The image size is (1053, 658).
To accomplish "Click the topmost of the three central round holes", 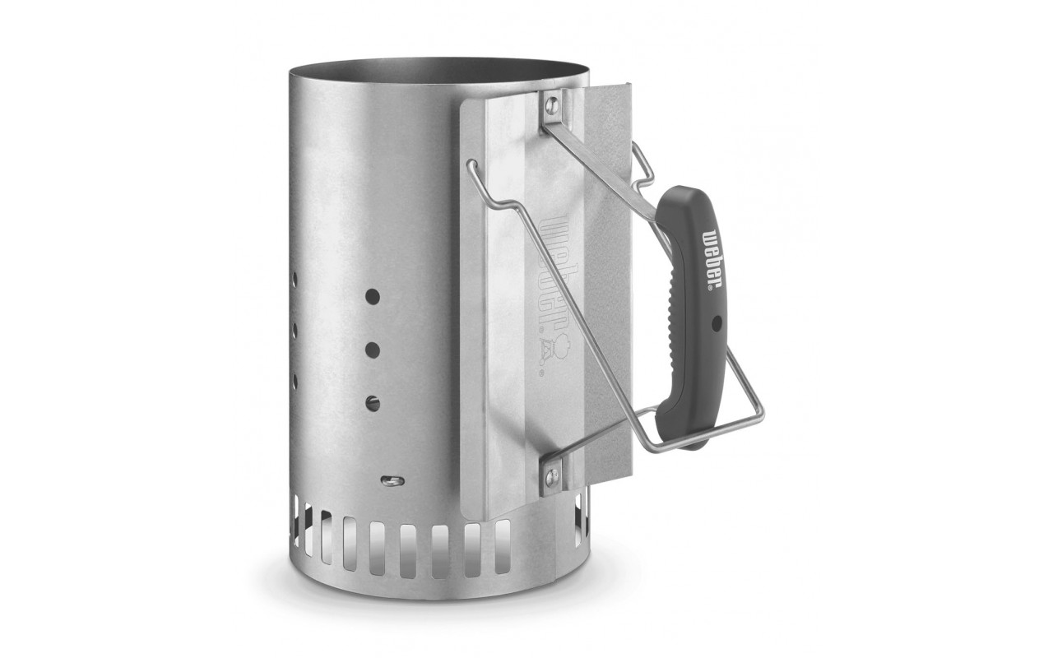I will point(371,294).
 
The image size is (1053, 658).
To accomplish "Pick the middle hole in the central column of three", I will point(371,349).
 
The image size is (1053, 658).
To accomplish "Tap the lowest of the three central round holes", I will point(372,403).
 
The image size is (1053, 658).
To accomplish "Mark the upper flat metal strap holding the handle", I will point(601,160).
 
